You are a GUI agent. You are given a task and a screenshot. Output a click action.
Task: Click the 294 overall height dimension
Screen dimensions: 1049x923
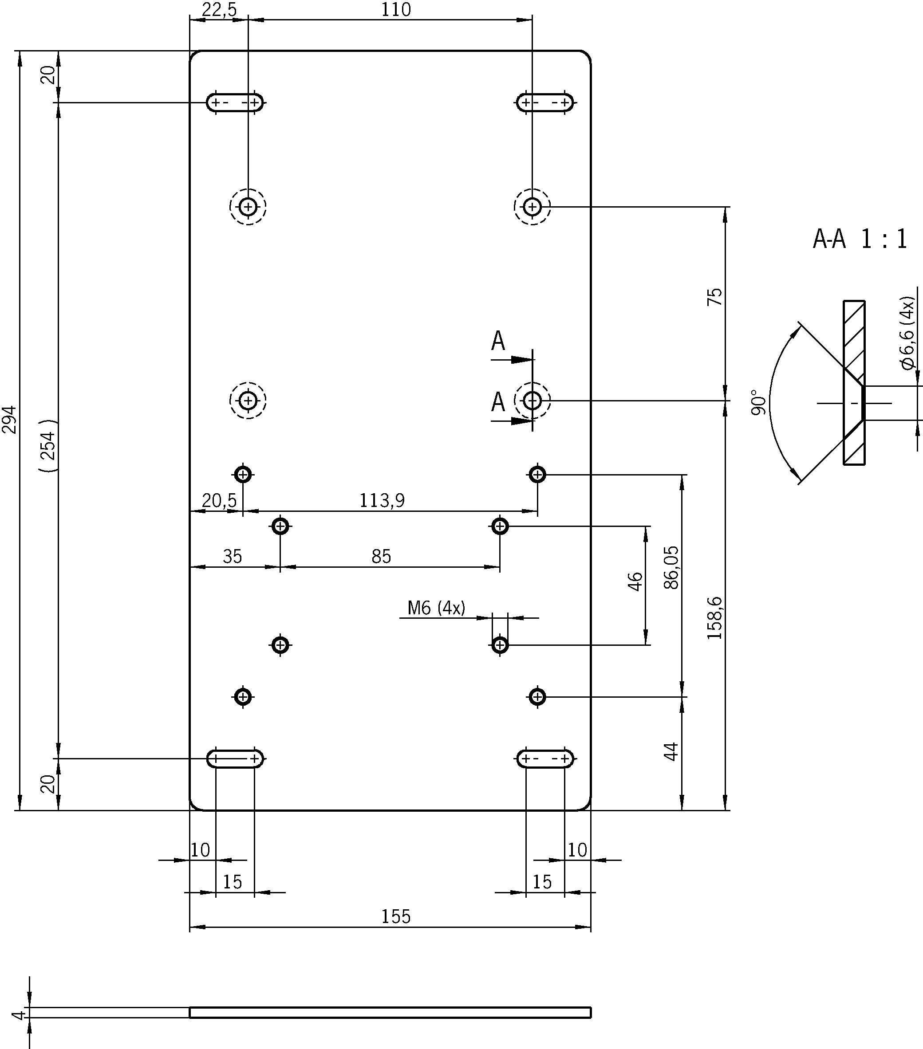pyautogui.click(x=10, y=420)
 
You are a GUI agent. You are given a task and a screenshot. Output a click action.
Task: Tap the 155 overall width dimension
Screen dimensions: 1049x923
pyautogui.click(x=396, y=916)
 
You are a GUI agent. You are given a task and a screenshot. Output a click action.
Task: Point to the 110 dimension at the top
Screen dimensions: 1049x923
pyautogui.click(x=396, y=10)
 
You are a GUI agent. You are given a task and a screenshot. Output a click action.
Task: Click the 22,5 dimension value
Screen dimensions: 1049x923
pyautogui.click(x=219, y=10)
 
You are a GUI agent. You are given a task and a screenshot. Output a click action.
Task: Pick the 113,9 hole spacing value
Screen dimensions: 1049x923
pyautogui.click(x=382, y=500)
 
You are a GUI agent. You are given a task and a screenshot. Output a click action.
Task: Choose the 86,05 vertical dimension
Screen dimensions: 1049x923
pyautogui.click(x=671, y=568)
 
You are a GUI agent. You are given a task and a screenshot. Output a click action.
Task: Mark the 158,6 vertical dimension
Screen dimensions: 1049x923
pyautogui.click(x=714, y=618)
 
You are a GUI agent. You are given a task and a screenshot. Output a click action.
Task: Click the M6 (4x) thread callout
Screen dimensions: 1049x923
pyautogui.click(x=436, y=608)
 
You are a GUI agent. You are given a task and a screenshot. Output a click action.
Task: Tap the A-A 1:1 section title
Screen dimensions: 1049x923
pyautogui.click(x=860, y=239)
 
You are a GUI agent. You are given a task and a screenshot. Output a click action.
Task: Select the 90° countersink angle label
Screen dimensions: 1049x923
pyautogui.click(x=758, y=402)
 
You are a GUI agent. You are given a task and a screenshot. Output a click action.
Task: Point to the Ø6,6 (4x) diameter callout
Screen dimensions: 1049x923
pyautogui.click(x=907, y=333)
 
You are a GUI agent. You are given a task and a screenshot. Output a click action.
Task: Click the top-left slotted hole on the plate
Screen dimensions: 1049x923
pyautogui.click(x=235, y=102)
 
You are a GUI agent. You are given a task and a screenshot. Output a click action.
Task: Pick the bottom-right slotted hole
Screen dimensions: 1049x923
pyautogui.click(x=545, y=758)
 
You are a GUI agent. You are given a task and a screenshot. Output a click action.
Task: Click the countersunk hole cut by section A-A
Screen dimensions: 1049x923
pyautogui.click(x=532, y=400)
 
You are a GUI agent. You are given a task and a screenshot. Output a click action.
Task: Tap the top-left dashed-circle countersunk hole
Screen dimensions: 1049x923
pyautogui.click(x=248, y=207)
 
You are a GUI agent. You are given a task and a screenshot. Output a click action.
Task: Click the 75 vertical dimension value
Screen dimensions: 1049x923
pyautogui.click(x=714, y=297)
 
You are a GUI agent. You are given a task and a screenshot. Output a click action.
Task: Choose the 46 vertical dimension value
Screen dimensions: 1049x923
pyautogui.click(x=635, y=581)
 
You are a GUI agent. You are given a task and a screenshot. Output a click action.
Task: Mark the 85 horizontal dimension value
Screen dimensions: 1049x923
pyautogui.click(x=382, y=556)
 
